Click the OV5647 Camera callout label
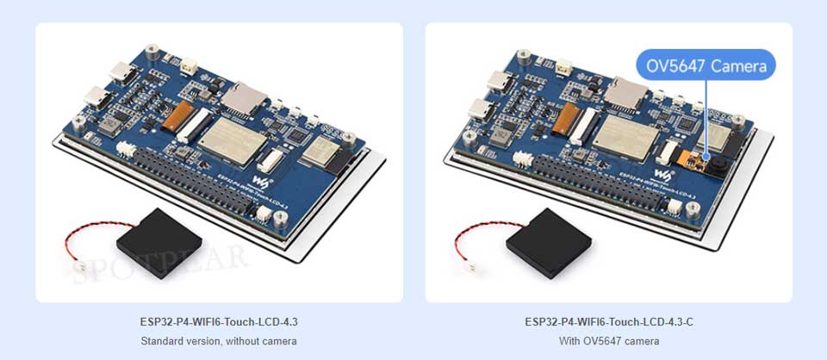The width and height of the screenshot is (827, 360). coord(706,65)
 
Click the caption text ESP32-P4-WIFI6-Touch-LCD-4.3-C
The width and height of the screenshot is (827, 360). coord(607,322)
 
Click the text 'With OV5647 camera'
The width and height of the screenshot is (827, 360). coord(607,341)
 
